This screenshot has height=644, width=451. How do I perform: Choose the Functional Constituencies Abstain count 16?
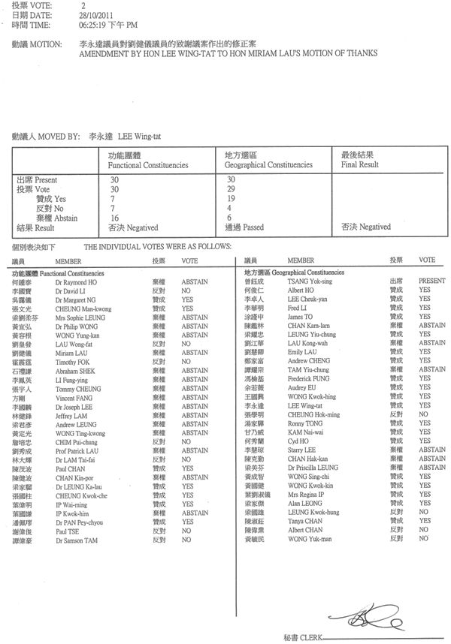115,216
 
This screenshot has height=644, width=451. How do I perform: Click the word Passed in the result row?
252,226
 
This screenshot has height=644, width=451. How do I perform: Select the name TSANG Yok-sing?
308,281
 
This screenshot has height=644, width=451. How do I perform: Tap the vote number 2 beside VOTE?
83,5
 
